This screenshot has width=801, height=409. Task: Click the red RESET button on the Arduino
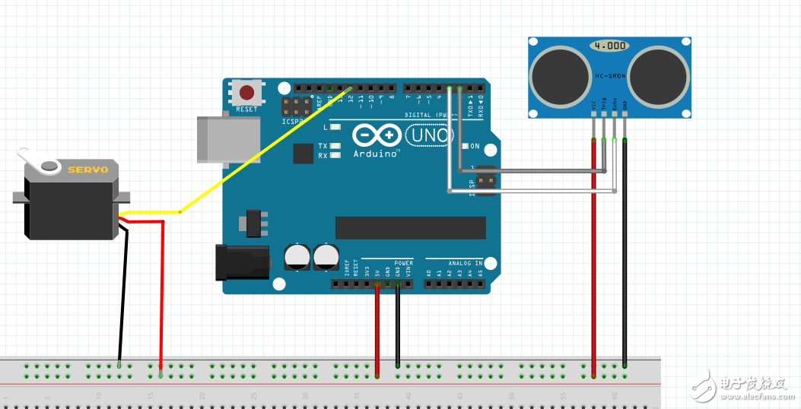coord(247,93)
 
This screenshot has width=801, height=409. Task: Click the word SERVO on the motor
coord(87,170)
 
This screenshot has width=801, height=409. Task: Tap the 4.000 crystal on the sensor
coord(609,46)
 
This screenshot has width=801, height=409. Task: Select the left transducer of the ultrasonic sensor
coord(560,75)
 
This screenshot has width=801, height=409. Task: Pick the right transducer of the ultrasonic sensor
coord(659,75)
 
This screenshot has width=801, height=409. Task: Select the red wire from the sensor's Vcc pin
coord(593,251)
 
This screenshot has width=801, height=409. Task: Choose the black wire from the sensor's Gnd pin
coord(625,251)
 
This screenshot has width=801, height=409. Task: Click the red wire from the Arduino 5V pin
coord(377,327)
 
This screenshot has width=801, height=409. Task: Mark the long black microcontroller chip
coord(410,227)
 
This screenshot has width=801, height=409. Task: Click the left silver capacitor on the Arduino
coord(297,257)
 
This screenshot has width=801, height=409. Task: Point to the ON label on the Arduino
coord(475,146)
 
